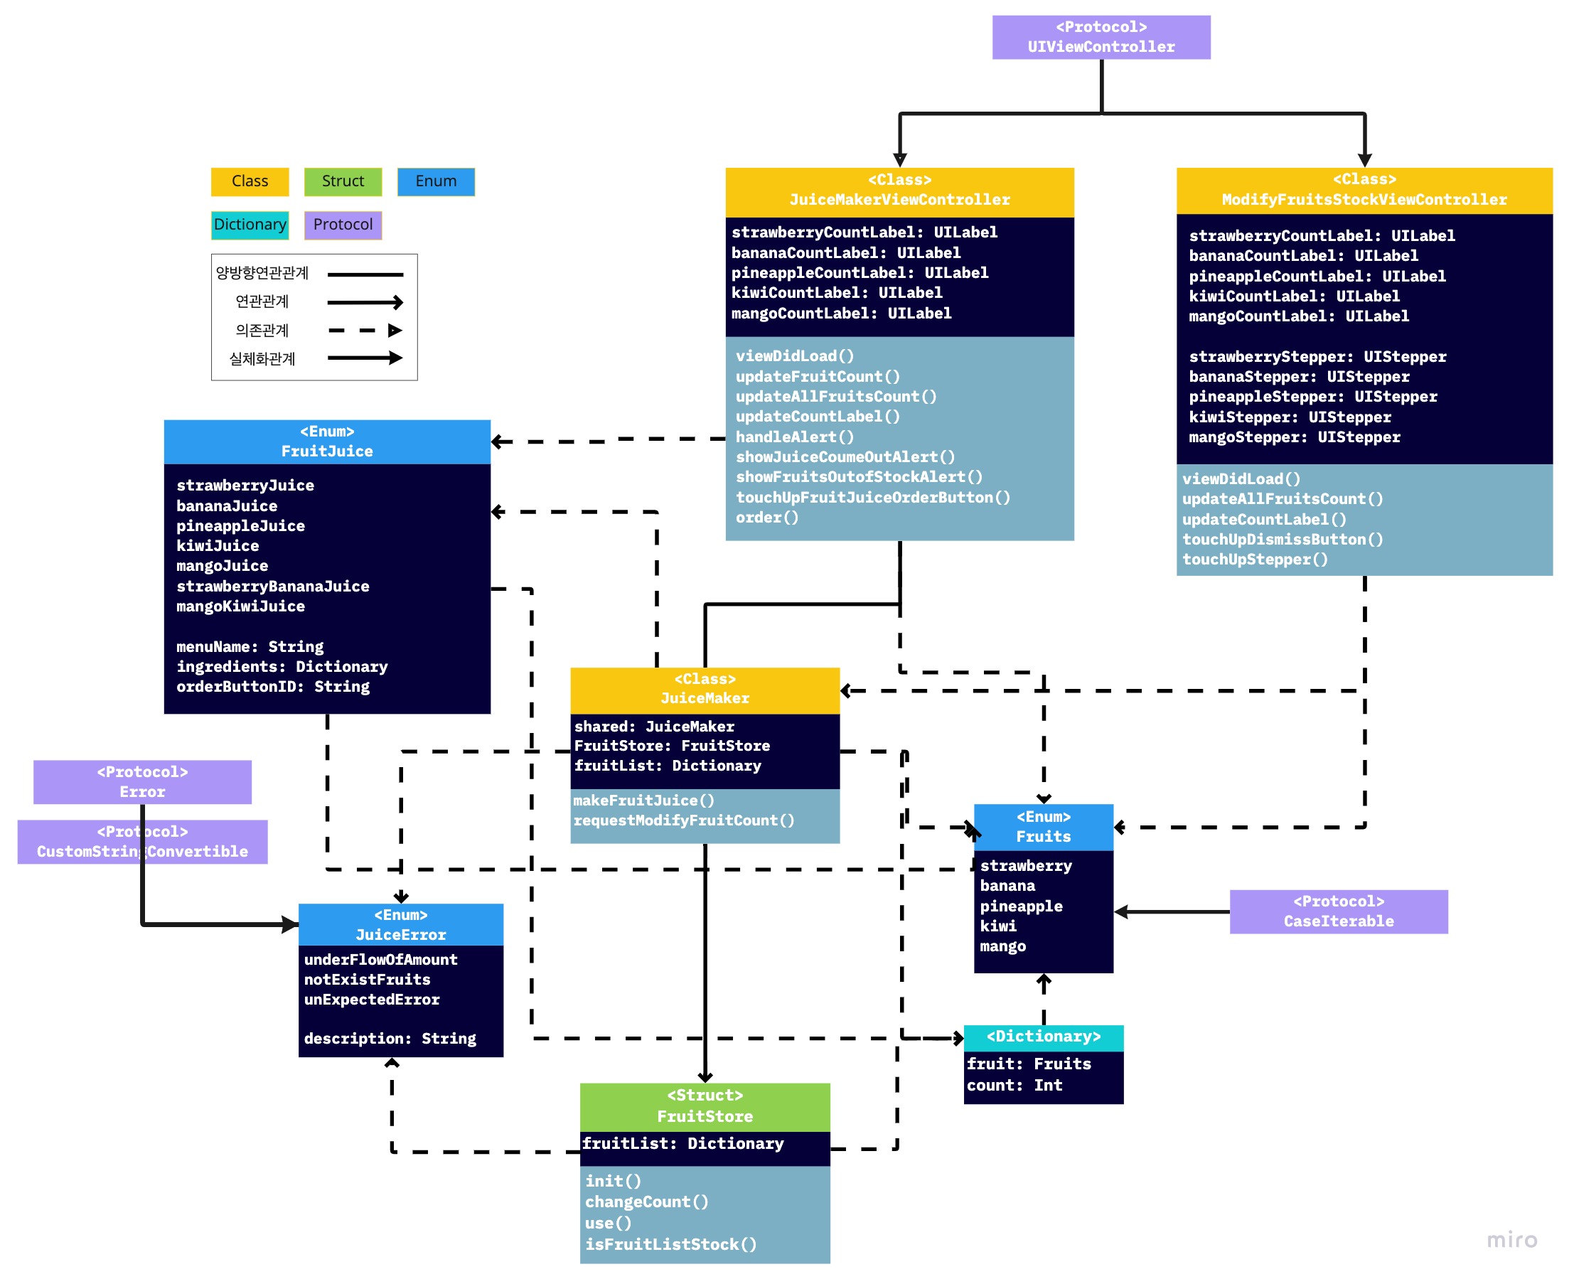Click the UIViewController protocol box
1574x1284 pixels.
click(1101, 37)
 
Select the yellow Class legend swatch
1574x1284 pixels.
click(250, 181)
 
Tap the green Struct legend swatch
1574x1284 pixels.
click(343, 181)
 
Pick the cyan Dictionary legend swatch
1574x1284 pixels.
click(250, 225)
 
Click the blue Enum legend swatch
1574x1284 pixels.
click(436, 181)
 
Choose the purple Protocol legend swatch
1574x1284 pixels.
click(343, 225)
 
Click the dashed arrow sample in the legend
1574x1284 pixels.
click(365, 331)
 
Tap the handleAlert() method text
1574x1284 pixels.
click(794, 437)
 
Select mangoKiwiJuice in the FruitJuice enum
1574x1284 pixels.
click(240, 606)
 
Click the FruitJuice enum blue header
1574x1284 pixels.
click(327, 442)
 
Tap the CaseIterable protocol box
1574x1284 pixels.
click(1338, 911)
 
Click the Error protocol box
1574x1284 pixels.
click(142, 782)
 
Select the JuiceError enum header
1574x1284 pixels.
click(400, 924)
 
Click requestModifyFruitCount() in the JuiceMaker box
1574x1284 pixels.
click(683, 820)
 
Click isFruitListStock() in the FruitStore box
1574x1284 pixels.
click(670, 1245)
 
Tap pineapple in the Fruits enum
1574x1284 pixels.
click(1021, 906)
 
